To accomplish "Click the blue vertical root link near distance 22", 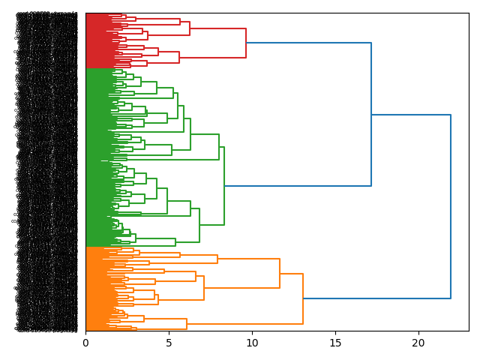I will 451,206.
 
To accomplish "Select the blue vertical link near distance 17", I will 371,114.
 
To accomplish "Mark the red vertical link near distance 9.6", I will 246,43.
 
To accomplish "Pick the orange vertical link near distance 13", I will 303,298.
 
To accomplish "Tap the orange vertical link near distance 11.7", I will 280,273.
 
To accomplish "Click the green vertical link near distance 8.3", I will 224,185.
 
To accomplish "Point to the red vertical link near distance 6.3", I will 190,28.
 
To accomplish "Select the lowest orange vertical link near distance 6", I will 187,324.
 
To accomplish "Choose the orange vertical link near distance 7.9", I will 217,259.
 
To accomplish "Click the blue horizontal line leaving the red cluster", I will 308,43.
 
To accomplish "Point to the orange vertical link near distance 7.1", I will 204,287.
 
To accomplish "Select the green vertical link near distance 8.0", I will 219,147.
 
